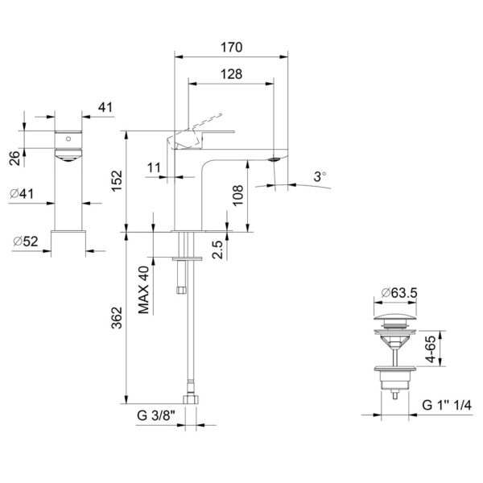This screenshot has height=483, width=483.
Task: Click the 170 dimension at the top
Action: (x=231, y=47)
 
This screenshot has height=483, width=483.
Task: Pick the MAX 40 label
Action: (x=145, y=287)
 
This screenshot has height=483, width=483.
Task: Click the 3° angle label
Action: (x=321, y=174)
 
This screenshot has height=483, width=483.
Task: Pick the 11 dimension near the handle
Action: (x=155, y=167)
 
